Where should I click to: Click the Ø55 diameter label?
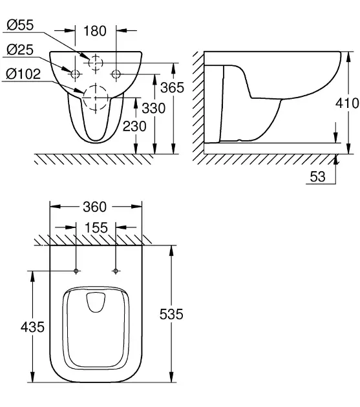(20, 25)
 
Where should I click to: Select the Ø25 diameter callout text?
(20, 50)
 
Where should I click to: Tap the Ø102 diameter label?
(23, 74)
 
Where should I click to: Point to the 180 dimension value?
(95, 31)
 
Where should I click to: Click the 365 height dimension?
(172, 87)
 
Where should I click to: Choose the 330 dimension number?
(154, 108)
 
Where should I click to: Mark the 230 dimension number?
(134, 127)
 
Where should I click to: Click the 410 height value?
(347, 103)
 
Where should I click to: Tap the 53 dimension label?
(317, 177)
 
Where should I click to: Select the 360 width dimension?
(95, 207)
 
